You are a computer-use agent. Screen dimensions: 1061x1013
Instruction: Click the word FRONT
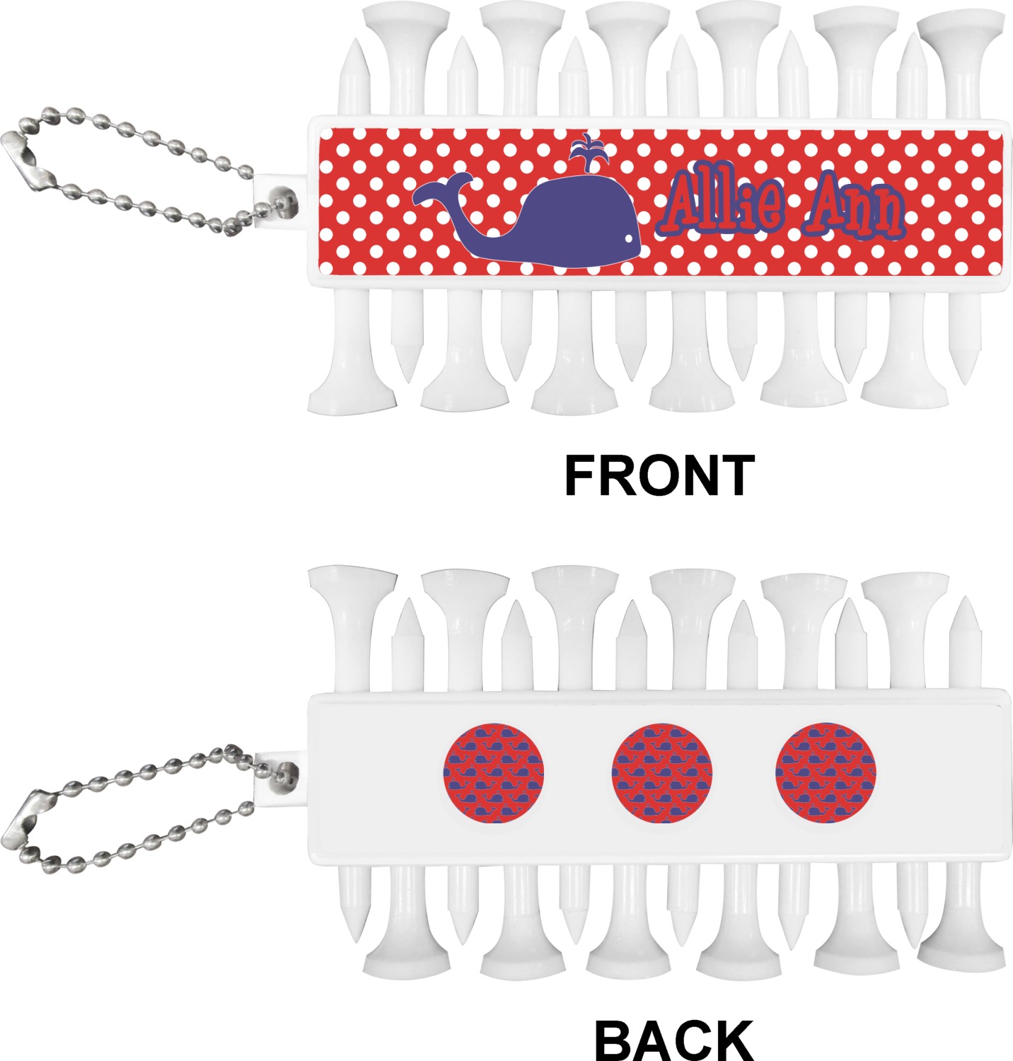tap(659, 475)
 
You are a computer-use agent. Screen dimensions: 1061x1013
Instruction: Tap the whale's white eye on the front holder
tap(627, 238)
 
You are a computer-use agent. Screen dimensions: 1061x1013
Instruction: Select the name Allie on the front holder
tap(724, 204)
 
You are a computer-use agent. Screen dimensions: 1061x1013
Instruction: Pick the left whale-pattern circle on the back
tap(494, 773)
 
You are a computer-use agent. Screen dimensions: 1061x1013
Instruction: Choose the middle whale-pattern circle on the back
tap(662, 773)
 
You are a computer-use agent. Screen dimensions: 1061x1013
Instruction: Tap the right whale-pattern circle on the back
tap(826, 773)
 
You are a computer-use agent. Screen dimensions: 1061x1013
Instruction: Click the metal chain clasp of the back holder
tap(27, 821)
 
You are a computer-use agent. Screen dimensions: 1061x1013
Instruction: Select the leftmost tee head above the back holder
tap(352, 580)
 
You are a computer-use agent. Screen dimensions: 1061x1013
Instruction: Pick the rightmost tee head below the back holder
tap(961, 955)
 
